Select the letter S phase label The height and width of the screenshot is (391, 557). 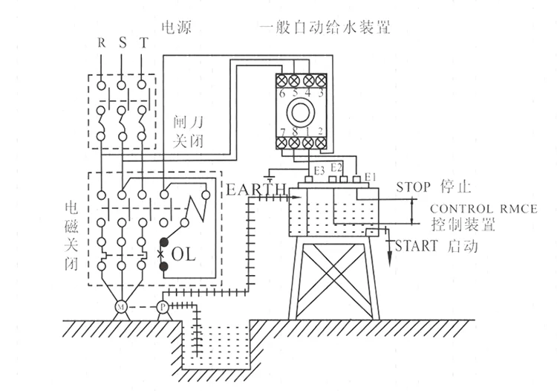(x=122, y=42)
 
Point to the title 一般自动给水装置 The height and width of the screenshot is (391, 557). (x=325, y=28)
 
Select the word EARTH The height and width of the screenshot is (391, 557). (x=255, y=190)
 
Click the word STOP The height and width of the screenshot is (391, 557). (x=415, y=184)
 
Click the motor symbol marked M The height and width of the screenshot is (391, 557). (x=120, y=306)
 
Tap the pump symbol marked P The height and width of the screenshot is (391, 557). (x=162, y=306)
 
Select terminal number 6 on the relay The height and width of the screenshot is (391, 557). (x=283, y=94)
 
